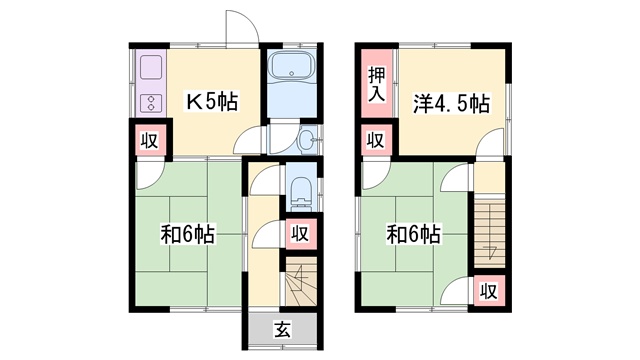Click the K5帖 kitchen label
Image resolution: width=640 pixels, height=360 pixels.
[212, 102]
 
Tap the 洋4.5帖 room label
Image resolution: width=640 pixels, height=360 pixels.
[451, 104]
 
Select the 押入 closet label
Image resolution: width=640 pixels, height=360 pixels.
[376, 84]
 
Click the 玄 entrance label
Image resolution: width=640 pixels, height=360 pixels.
[282, 329]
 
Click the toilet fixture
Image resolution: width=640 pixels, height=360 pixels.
[302, 191]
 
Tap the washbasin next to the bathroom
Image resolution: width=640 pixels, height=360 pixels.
[306, 140]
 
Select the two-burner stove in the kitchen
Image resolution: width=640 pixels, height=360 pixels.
[151, 103]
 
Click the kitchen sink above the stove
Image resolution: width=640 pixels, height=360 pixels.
[151, 68]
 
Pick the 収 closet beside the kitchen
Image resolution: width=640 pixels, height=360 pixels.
[150, 141]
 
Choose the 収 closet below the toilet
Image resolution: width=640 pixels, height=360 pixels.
[300, 234]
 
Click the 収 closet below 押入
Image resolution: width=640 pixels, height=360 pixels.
[376, 140]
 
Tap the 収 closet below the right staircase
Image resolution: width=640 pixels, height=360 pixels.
[489, 291]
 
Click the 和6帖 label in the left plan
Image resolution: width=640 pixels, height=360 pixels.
[187, 234]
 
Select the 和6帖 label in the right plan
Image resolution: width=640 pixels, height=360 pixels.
[413, 234]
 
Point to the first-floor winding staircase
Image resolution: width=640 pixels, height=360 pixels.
[301, 281]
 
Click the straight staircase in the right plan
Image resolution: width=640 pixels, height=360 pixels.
[489, 231]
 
